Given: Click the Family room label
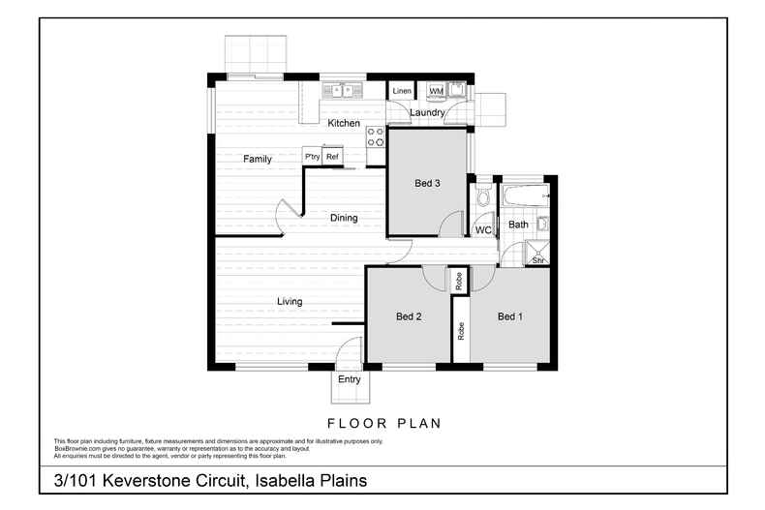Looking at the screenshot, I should coord(257,159).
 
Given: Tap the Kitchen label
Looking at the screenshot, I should coord(344,123).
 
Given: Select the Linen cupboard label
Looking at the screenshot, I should coord(402,91).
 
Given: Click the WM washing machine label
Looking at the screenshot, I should coord(436,91).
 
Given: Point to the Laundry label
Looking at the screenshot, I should coord(427,113).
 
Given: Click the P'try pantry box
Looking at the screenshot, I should coord(312,157).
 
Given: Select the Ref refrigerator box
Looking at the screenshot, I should coord(332,157).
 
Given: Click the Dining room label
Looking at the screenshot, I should coord(344,218).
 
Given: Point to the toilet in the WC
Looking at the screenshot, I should coord(483,201).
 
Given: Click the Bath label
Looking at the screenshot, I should coord(519,225).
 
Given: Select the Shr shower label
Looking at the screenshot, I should coord(537,260).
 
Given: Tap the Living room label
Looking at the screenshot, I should coord(290,301).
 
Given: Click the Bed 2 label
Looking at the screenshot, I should coord(409,316).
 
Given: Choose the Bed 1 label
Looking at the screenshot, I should coord(510,316).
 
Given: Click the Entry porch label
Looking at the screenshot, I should coord(349,379).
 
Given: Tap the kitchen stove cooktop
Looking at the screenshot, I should coord(375,137).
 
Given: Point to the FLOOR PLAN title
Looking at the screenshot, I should coord(384,423).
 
